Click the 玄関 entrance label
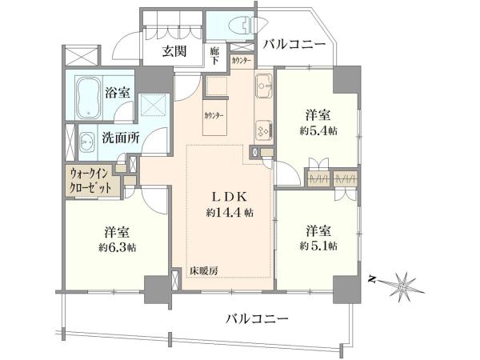174,51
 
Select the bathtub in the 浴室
89,98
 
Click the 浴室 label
118,92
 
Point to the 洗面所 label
121,138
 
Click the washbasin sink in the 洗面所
87,142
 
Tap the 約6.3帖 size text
118,247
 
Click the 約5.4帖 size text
318,131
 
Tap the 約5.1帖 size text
318,246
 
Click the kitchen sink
265,86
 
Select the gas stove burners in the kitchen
265,130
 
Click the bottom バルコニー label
257,319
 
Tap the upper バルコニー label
294,45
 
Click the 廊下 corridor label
214,55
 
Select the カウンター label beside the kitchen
214,116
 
